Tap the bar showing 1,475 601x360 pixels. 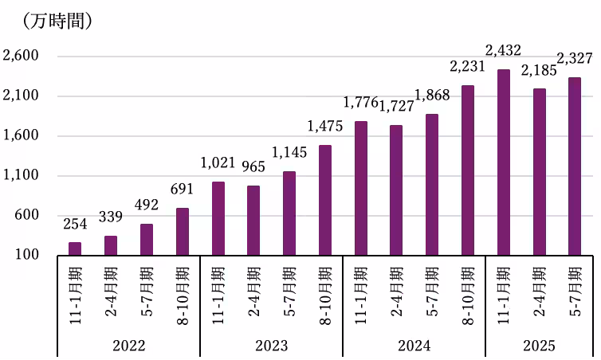324,200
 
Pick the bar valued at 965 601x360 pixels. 253,221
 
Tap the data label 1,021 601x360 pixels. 218,163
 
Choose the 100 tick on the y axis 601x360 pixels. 28,255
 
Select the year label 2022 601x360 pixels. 128,346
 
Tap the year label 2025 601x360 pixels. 539,346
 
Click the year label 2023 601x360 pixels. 272,346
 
